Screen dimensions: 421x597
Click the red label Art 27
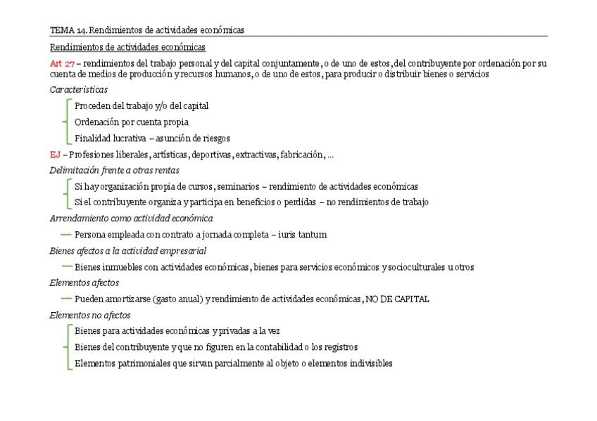(x=62, y=63)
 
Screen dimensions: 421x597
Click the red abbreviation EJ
(x=54, y=155)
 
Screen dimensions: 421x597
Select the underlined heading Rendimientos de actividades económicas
(x=127, y=47)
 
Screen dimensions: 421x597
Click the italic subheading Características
(x=79, y=90)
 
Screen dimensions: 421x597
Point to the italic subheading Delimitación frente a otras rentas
(x=114, y=170)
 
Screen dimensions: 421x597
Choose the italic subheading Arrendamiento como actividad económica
(x=131, y=219)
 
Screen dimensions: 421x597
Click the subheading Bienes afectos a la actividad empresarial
(x=127, y=251)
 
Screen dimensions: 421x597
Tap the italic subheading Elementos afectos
(x=84, y=283)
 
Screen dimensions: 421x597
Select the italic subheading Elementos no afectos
(x=90, y=315)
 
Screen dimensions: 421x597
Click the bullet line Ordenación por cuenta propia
(x=132, y=122)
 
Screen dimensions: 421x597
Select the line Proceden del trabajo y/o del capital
(x=142, y=106)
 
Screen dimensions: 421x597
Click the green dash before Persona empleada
(x=66, y=234)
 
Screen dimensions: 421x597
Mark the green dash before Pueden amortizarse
(x=66, y=298)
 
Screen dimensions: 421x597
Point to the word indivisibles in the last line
(x=369, y=363)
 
